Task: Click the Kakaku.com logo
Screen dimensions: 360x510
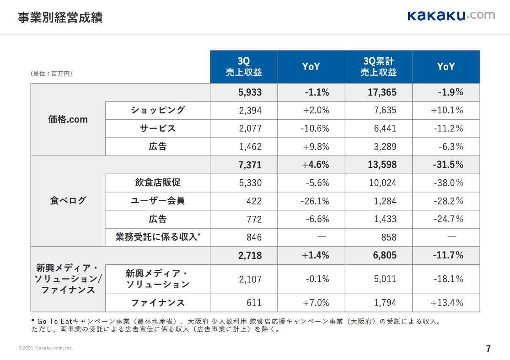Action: click(451, 16)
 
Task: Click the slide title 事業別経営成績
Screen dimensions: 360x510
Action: click(60, 18)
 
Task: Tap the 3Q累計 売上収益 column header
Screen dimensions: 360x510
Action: click(378, 67)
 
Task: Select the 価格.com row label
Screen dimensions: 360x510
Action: click(68, 119)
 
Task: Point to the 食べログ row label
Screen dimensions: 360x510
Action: click(68, 200)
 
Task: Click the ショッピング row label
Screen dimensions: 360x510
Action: click(158, 110)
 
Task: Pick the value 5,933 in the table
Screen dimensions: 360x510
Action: click(250, 92)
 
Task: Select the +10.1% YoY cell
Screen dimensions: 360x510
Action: click(447, 110)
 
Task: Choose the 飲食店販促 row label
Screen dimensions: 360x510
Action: click(158, 183)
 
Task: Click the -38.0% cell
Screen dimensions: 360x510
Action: click(448, 183)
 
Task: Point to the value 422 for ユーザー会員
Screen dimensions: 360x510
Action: click(254, 201)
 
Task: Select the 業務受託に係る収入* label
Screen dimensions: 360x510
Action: click(158, 237)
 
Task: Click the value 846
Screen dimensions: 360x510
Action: click(254, 237)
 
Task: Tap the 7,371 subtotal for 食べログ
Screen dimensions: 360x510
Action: click(250, 165)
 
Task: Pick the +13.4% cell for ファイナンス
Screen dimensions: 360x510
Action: click(447, 302)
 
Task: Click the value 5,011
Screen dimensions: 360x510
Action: click(385, 279)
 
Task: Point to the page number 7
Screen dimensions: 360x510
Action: click(488, 349)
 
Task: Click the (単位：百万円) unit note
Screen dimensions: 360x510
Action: click(51, 73)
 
